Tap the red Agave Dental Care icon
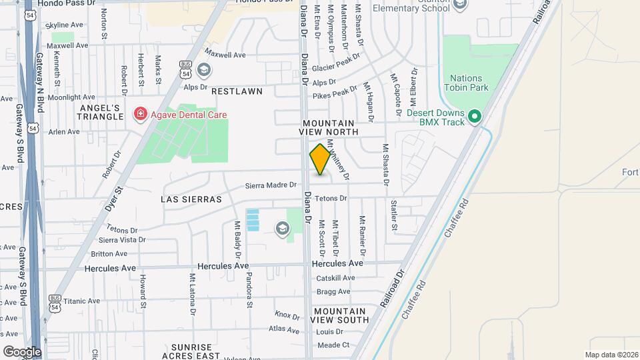(x=141, y=114)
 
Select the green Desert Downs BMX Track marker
(x=475, y=117)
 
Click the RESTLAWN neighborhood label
(x=237, y=91)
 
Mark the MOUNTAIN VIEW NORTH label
(x=331, y=128)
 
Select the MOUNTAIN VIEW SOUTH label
(x=340, y=315)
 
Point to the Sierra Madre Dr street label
(x=271, y=185)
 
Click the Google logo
(x=22, y=351)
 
